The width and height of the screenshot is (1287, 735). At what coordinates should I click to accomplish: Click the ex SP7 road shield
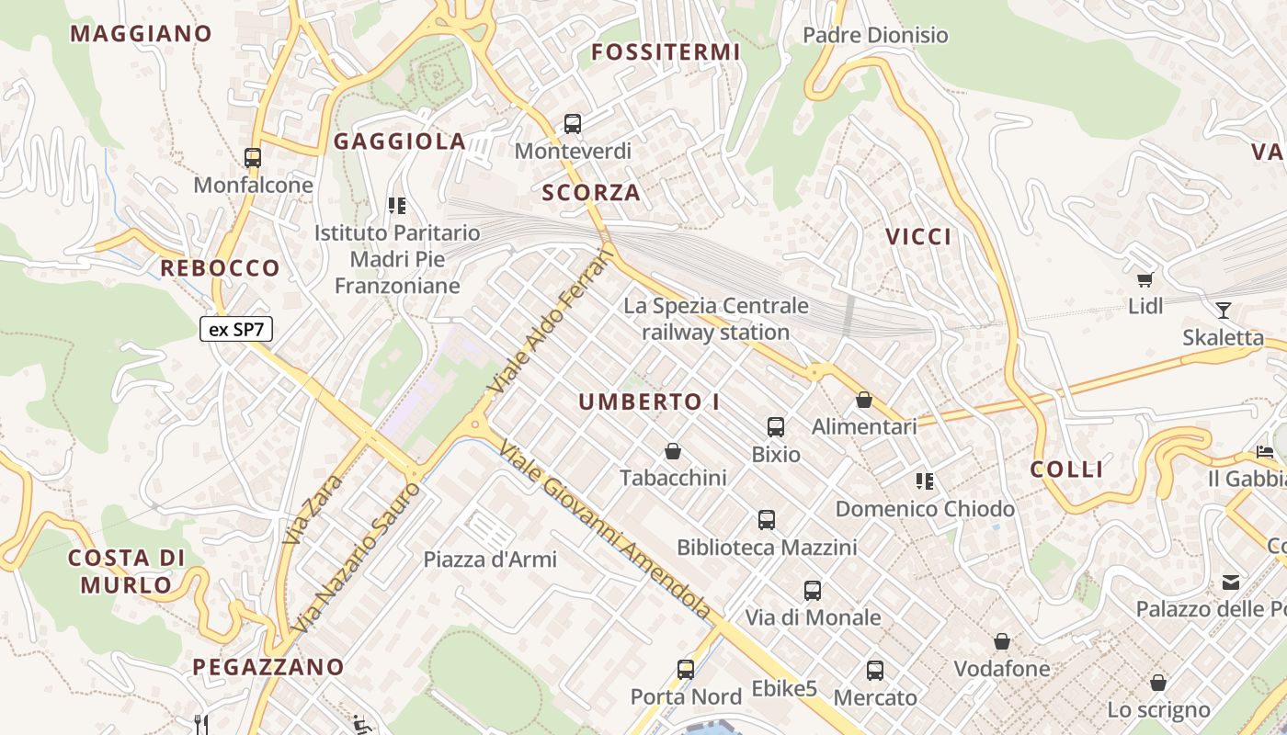point(236,329)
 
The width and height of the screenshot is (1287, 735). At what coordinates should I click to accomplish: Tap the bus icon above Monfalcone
point(253,158)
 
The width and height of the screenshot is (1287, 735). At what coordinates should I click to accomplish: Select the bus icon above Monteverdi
point(573,123)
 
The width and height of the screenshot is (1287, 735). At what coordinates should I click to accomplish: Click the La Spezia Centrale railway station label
point(716,319)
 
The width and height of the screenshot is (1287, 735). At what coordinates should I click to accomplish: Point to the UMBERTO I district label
point(649,402)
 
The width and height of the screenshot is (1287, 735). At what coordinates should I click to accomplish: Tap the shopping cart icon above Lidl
point(1145,279)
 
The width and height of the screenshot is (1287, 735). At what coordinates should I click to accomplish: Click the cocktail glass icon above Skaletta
point(1223,310)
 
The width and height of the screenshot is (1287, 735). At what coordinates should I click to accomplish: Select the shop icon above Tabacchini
point(673,451)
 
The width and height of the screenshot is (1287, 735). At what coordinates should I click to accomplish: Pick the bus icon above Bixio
point(776,427)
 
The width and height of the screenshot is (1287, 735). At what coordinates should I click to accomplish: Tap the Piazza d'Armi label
point(490,559)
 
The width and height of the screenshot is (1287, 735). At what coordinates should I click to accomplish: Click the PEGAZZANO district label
point(268,667)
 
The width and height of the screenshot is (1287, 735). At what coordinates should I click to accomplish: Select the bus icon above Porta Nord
point(686,670)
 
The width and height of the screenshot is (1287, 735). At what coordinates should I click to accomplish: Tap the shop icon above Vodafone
point(1002,641)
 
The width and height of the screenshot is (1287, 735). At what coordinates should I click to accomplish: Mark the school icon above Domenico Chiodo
point(925,481)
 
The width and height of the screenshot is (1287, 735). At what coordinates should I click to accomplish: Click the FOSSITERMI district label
point(666,52)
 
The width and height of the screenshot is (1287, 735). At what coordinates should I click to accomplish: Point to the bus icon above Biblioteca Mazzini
point(767,521)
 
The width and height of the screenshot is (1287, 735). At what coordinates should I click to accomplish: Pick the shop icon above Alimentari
point(863,400)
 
